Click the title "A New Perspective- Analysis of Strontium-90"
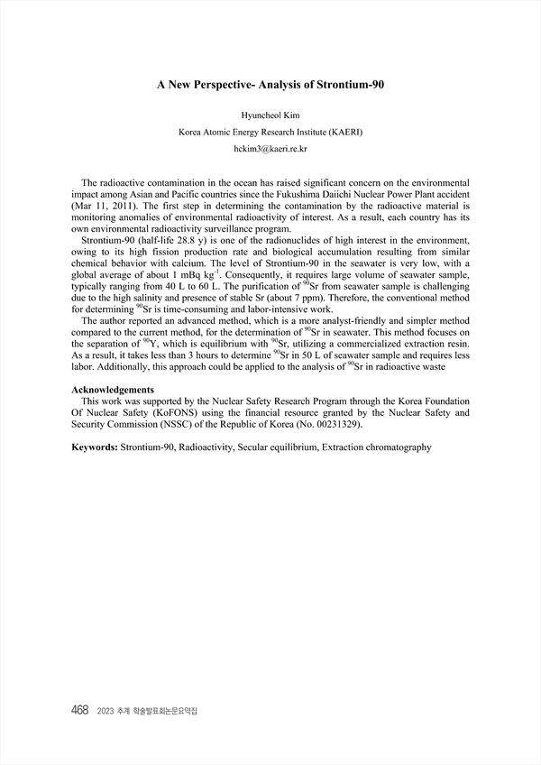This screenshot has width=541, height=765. click(x=270, y=84)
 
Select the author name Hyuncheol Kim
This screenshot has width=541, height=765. click(x=270, y=115)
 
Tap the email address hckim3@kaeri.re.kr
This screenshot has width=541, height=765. click(x=270, y=147)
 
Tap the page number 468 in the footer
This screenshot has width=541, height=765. click(x=79, y=711)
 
